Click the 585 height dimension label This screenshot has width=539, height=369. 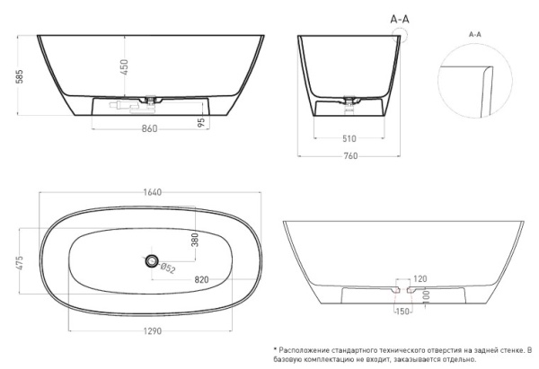pyautogui.click(x=9, y=77)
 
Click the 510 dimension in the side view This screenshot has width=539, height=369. pyautogui.click(x=349, y=138)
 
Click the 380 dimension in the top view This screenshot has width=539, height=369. pyautogui.click(x=193, y=240)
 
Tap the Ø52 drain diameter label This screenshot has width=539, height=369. pyautogui.click(x=169, y=267)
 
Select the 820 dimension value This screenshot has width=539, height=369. pyautogui.click(x=202, y=280)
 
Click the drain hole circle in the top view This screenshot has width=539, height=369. pyautogui.click(x=149, y=261)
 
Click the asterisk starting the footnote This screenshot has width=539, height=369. pyautogui.click(x=275, y=348)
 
